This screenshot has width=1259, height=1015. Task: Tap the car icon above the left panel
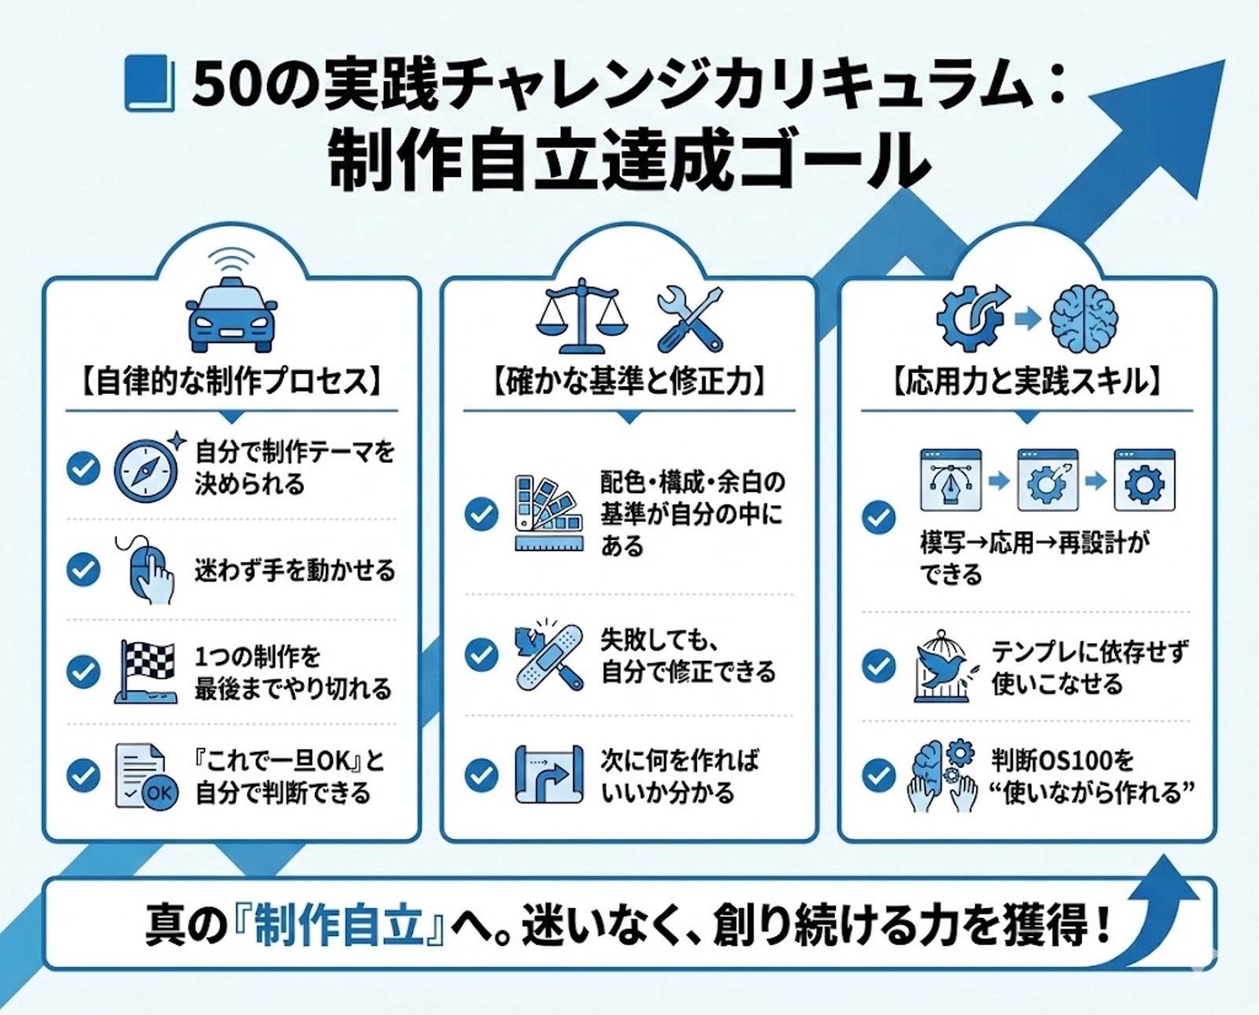(233, 314)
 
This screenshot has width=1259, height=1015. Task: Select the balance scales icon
(583, 316)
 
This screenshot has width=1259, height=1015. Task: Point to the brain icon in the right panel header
(1085, 317)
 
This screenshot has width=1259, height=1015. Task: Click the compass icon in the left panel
(146, 469)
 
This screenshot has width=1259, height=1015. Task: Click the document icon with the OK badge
(146, 776)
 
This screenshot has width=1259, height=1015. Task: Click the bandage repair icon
(549, 655)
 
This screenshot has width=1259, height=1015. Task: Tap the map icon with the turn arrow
(549, 775)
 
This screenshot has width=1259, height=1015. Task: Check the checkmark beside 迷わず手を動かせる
(83, 569)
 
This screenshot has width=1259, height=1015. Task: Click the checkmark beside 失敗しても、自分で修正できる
(482, 654)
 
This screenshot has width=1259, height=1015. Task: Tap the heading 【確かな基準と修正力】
(628, 383)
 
